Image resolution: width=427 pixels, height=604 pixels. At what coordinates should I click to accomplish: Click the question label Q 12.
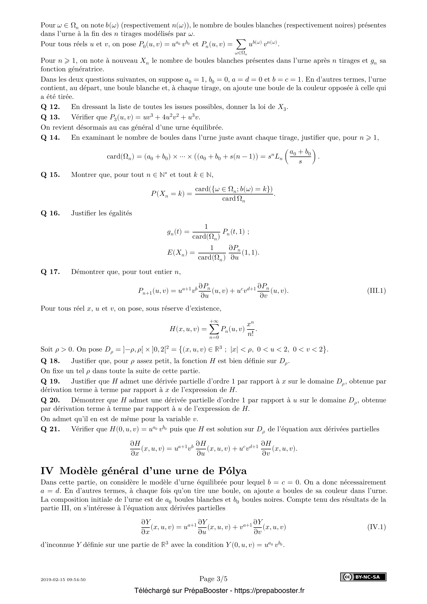50,107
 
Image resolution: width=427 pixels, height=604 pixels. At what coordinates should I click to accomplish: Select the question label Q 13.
50,117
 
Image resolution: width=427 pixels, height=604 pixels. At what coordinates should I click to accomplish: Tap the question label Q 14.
50,138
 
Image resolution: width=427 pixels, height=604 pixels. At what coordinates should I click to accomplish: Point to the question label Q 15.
50,175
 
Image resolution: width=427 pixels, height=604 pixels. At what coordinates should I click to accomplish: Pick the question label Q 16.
50,213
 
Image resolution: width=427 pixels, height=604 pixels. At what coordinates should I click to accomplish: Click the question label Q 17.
50,272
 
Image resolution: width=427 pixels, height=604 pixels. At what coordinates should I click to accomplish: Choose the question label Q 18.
50,361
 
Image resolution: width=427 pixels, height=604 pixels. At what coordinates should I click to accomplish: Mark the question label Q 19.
50,381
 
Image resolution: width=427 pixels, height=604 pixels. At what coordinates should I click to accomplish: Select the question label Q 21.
50,429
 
